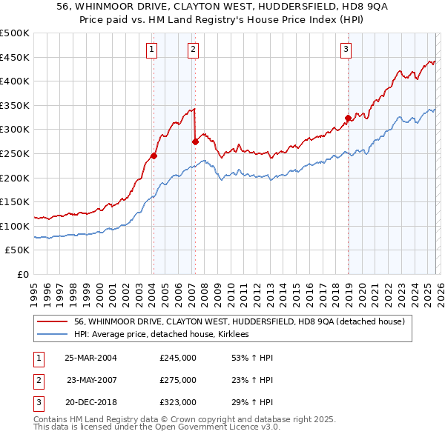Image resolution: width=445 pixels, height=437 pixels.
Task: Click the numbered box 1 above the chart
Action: pyautogui.click(x=151, y=50)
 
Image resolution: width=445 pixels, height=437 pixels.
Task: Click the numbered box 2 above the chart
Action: pyautogui.click(x=193, y=50)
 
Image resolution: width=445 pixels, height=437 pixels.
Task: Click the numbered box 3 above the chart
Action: pyautogui.click(x=346, y=50)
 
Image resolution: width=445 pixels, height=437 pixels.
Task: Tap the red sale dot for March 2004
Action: pyautogui.click(x=154, y=156)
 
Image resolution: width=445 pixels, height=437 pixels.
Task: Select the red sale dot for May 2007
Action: pyautogui.click(x=195, y=141)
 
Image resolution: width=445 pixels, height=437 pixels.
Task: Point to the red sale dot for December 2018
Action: pyautogui.click(x=347, y=118)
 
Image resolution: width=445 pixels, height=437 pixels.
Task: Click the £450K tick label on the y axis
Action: pyautogui.click(x=14, y=57)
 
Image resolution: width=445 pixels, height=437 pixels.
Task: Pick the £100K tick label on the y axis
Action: pyautogui.click(x=14, y=226)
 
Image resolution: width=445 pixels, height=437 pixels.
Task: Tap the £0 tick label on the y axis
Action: pyautogui.click(x=23, y=274)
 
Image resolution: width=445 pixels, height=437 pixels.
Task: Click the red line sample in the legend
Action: pyautogui.click(x=53, y=321)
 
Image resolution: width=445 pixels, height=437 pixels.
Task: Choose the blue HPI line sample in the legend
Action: pyautogui.click(x=53, y=335)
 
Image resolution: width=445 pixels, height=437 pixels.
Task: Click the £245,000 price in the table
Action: pyautogui.click(x=178, y=358)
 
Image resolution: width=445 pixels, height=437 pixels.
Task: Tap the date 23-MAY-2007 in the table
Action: pyautogui.click(x=91, y=380)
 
